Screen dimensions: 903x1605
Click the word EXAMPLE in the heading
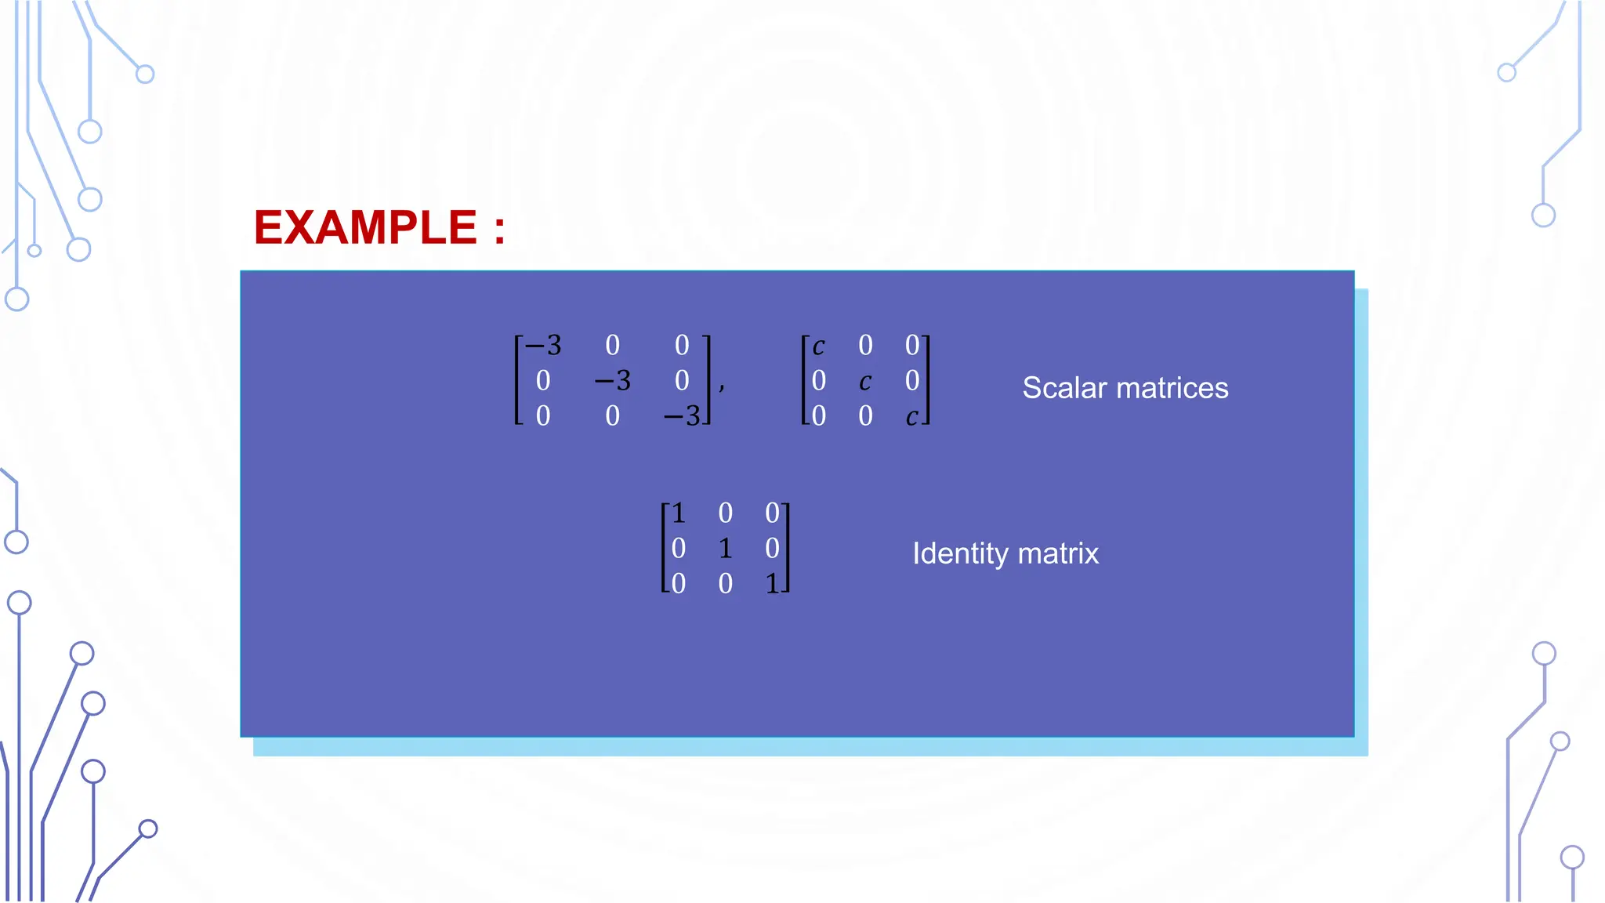[365, 228]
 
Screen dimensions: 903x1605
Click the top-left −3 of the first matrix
[543, 346]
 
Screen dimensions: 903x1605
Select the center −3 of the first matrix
[612, 381]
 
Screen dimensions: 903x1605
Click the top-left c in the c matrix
[818, 346]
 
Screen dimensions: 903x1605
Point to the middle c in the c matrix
[865, 382]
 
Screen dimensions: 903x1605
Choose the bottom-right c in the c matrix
[911, 417]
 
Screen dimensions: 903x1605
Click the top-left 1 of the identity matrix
[679, 513]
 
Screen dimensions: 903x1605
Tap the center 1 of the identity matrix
[725, 549]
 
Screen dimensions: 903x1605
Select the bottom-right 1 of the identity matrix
[772, 584]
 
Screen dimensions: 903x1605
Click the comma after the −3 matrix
[722, 386]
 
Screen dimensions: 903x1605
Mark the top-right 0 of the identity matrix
[772, 513]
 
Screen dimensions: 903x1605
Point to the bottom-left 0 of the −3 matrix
[543, 416]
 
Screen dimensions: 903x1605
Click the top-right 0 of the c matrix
[912, 346]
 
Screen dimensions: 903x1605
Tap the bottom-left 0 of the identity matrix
[679, 584]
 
